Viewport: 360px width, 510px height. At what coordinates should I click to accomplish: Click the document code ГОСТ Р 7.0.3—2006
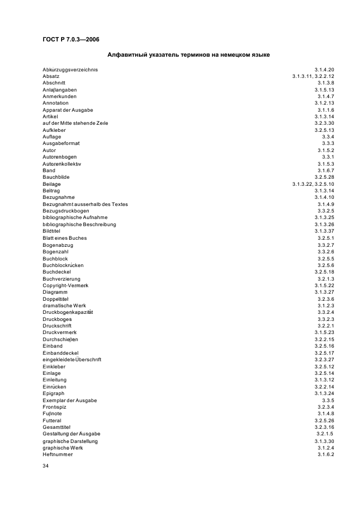click(x=71, y=39)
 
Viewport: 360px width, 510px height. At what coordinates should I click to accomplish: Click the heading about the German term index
click(x=188, y=55)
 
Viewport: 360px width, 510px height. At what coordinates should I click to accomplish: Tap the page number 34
click(x=46, y=466)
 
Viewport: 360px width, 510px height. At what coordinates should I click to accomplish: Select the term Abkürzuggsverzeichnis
click(x=70, y=69)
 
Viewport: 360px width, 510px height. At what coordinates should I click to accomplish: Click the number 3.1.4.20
click(x=324, y=69)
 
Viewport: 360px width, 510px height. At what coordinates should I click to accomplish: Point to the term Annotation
click(x=56, y=103)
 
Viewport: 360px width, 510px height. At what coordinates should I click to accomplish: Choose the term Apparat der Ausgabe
click(x=68, y=110)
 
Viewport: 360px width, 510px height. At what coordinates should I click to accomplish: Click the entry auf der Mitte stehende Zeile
click(x=75, y=123)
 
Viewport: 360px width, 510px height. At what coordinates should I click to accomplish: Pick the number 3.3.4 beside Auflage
click(x=328, y=137)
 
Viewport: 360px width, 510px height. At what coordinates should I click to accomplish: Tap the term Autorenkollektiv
click(x=62, y=163)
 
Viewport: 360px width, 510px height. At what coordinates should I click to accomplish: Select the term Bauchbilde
click(x=56, y=177)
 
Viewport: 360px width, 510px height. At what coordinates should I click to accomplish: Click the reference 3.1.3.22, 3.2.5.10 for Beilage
click(x=313, y=184)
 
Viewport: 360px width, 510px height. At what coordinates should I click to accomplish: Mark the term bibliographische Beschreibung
click(x=79, y=224)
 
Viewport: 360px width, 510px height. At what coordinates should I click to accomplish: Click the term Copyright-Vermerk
click(x=65, y=285)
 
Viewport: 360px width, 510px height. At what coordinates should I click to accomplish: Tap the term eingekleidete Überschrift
click(x=72, y=360)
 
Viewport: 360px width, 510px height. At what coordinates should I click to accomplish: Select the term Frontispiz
click(x=55, y=407)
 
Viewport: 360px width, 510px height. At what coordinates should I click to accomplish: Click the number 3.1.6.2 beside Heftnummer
click(x=326, y=454)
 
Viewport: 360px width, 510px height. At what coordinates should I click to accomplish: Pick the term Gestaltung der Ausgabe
click(x=68, y=434)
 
